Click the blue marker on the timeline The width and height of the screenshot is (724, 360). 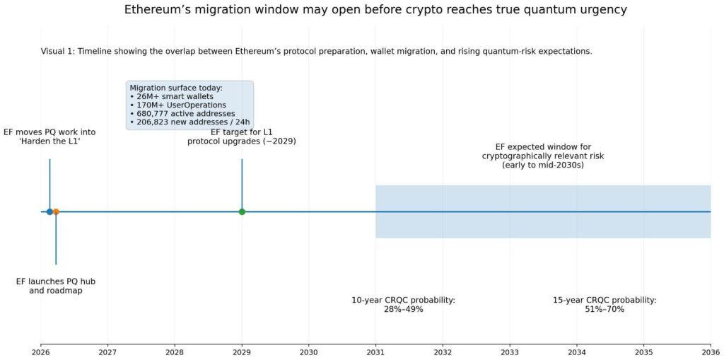(x=49, y=211)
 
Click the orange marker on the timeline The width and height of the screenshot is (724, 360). (x=56, y=211)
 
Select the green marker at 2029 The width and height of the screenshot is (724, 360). (x=242, y=211)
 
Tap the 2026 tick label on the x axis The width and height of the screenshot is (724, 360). (x=41, y=352)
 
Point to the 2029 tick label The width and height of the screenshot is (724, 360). (x=242, y=352)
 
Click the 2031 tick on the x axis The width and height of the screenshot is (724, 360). (x=375, y=352)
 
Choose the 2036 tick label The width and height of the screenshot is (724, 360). (x=710, y=352)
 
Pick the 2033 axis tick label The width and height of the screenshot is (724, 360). (x=509, y=352)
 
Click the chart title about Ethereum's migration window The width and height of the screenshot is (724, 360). (x=375, y=10)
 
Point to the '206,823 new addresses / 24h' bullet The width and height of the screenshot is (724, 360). (x=189, y=122)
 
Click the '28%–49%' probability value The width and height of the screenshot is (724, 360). (x=403, y=309)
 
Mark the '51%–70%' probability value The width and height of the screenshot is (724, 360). (x=605, y=309)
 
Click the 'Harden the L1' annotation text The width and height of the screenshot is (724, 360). (x=49, y=141)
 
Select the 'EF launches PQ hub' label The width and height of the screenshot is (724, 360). (x=56, y=281)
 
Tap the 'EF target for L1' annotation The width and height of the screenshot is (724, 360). (x=242, y=132)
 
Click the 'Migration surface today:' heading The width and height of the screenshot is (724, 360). (x=176, y=88)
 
